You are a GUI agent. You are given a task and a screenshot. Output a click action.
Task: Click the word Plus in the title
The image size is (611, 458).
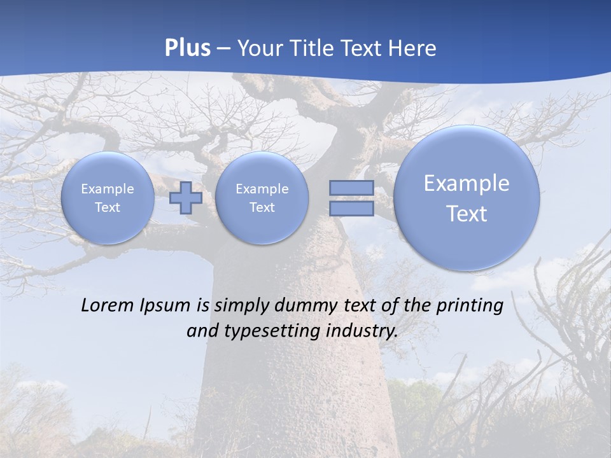[x=187, y=48]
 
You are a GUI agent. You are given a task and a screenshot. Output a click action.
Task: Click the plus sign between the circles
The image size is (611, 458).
[x=186, y=198]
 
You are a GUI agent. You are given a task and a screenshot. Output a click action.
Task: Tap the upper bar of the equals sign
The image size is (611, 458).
[x=351, y=188]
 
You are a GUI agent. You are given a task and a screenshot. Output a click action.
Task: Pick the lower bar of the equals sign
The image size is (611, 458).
[x=351, y=209]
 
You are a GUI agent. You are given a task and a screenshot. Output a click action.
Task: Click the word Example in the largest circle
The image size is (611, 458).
[x=467, y=183]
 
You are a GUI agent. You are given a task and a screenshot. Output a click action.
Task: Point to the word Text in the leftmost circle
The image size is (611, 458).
[x=107, y=207]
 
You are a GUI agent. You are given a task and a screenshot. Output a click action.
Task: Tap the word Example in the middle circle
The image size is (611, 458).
[x=262, y=189]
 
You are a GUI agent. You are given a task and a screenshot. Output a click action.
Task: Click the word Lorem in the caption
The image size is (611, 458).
[x=106, y=305]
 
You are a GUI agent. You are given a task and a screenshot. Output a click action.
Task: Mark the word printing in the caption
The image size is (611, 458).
[x=471, y=306]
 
